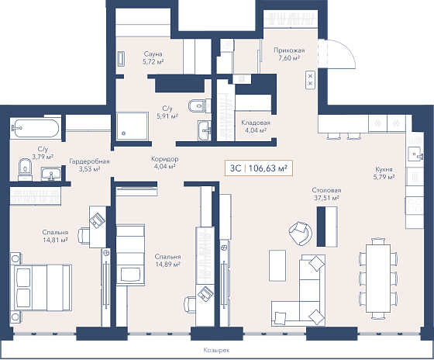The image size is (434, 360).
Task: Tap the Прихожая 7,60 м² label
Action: [x=289, y=54]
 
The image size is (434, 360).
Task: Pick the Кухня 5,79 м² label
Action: [x=384, y=173]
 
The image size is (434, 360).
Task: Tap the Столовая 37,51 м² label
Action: [x=326, y=194]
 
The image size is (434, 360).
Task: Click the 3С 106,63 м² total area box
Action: [x=259, y=168]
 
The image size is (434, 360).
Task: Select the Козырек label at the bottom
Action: [x=216, y=350]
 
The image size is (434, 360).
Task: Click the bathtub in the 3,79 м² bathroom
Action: [x=35, y=128]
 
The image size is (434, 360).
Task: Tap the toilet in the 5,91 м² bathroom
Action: [x=197, y=106]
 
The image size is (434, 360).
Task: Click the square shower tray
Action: [x=133, y=126]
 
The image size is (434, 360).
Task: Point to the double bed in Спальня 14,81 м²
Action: [x=41, y=287]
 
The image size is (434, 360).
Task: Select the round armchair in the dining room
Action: [x=301, y=233]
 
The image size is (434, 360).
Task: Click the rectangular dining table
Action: [x=378, y=278]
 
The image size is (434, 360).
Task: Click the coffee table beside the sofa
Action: [x=277, y=265]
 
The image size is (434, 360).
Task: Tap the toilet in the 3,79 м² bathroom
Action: [x=25, y=169]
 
